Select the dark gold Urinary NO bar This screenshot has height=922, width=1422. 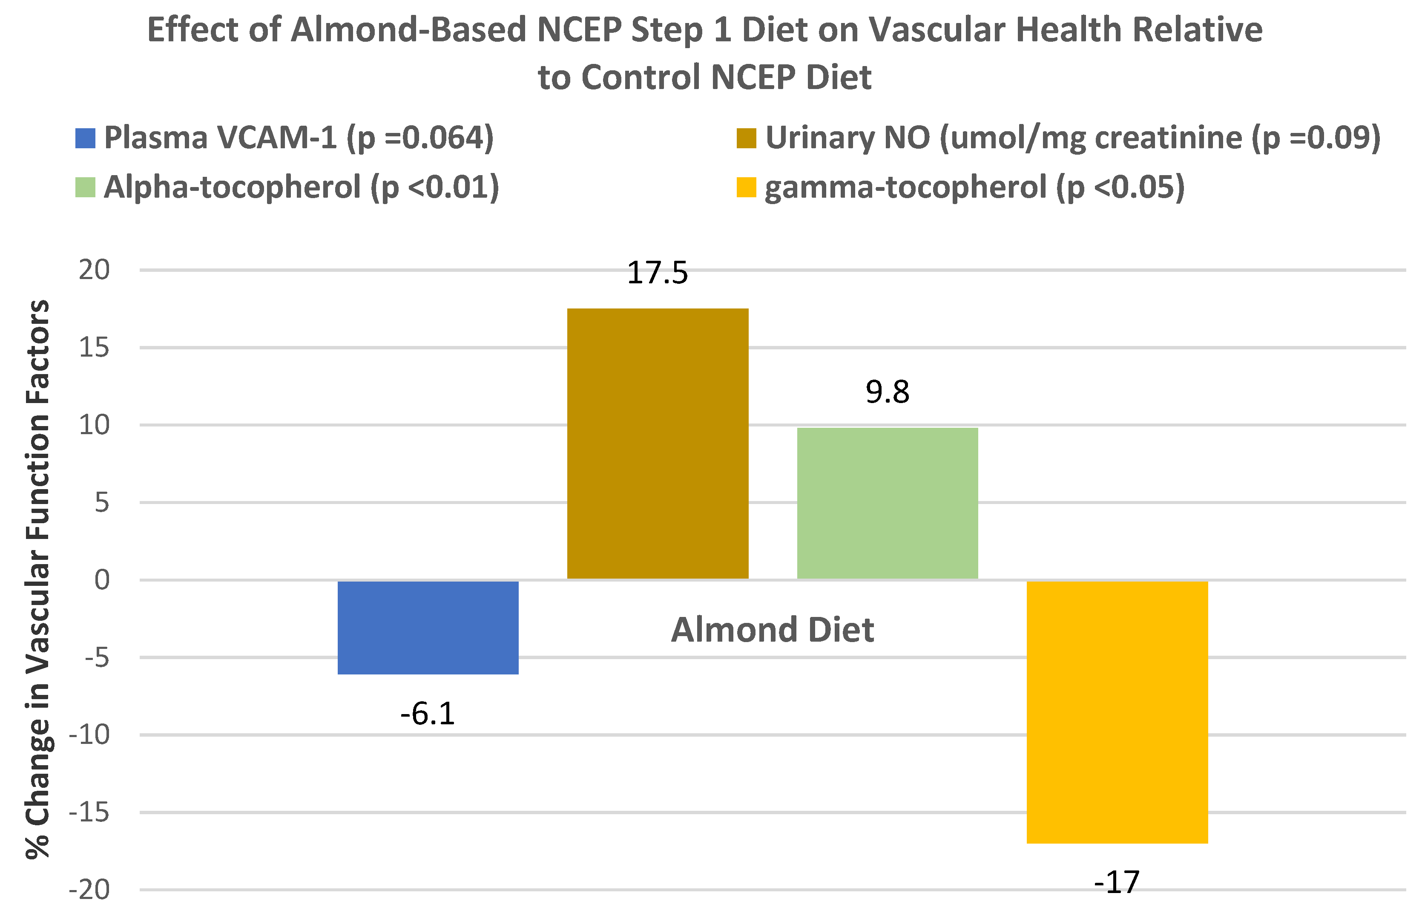pyautogui.click(x=657, y=444)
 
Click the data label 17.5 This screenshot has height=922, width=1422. pyautogui.click(x=657, y=273)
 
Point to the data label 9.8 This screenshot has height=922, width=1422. pyautogui.click(x=887, y=392)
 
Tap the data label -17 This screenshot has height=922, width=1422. pyautogui.click(x=1117, y=882)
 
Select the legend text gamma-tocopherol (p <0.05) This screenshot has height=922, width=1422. pyautogui.click(x=974, y=187)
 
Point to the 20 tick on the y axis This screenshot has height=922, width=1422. pyautogui.click(x=95, y=270)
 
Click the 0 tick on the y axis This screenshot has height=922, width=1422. pyautogui.click(x=102, y=580)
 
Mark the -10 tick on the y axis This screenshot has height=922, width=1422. pyautogui.click(x=89, y=735)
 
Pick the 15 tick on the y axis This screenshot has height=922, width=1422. pyautogui.click(x=95, y=347)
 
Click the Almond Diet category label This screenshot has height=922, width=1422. pyautogui.click(x=773, y=630)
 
